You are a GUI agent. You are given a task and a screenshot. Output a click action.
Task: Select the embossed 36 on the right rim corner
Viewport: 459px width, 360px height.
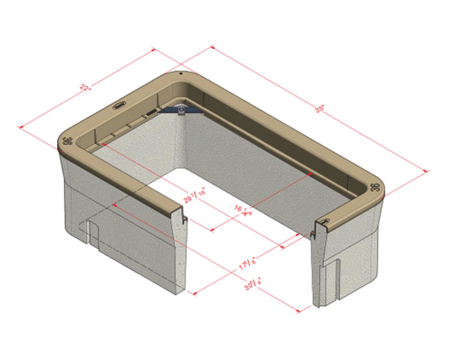pyautogui.click(x=375, y=187)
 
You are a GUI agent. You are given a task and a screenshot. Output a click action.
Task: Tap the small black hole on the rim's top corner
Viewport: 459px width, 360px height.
pyautogui.click(x=180, y=73)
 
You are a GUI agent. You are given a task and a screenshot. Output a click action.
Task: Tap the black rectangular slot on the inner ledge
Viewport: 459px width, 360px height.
pyautogui.click(x=151, y=112)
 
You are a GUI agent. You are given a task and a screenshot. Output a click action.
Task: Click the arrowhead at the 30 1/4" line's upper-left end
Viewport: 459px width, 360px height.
pyautogui.click(x=114, y=205)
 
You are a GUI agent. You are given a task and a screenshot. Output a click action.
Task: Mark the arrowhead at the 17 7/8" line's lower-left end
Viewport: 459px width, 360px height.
pyautogui.click(x=194, y=294)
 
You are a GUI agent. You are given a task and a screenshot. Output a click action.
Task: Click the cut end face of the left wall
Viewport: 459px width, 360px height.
pyautogui.click(x=181, y=252)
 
